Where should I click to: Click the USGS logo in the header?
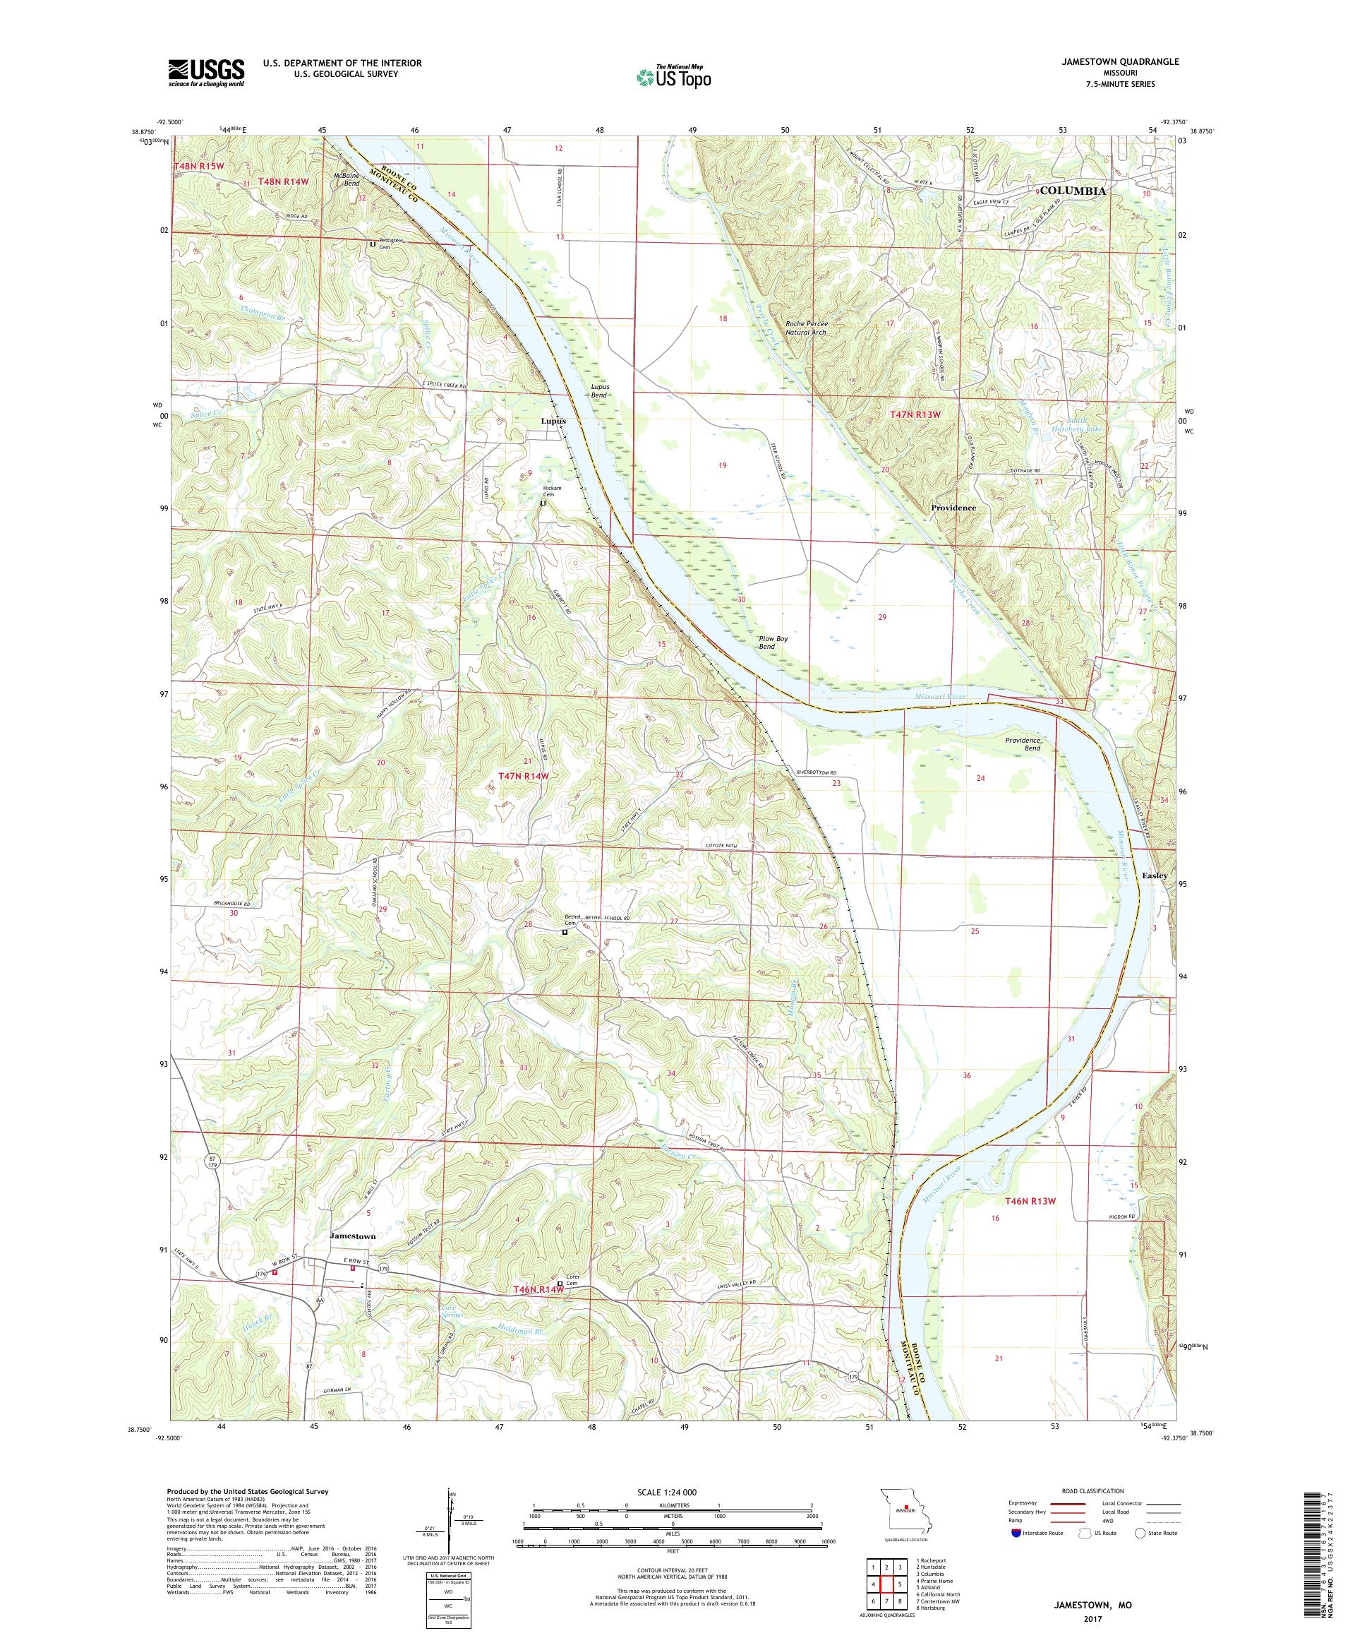[x=206, y=73]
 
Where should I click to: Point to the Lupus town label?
[x=553, y=420]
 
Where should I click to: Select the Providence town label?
[x=953, y=507]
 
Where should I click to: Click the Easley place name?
[x=1154, y=875]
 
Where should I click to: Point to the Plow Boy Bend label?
[x=772, y=642]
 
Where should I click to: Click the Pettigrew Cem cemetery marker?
[x=373, y=244]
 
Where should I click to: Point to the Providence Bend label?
[x=1022, y=743]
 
